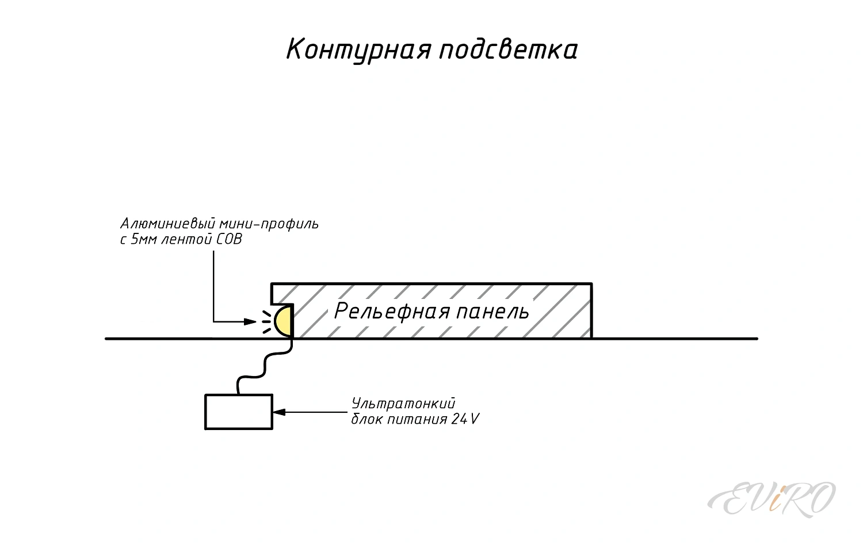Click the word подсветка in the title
coord(508,50)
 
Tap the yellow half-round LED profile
coord(284,321)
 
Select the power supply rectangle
coord(239,412)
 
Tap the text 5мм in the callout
coord(143,239)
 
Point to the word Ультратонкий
coord(403,403)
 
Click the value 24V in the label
coord(465,419)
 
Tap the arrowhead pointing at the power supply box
coord(279,412)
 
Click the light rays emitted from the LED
coord(266,322)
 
